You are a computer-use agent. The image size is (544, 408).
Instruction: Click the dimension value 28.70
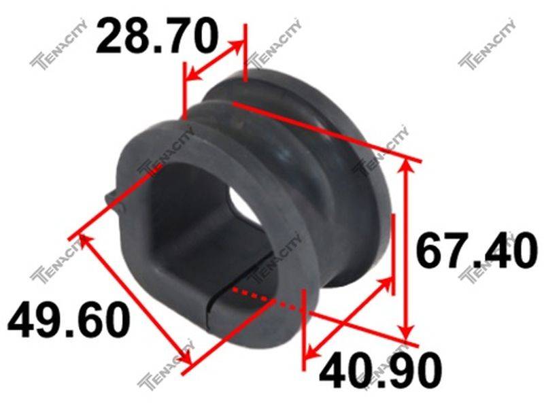coord(157,36)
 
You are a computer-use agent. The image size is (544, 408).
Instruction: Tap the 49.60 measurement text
coord(69,320)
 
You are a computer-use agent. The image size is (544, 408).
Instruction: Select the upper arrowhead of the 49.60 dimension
coord(86,240)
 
